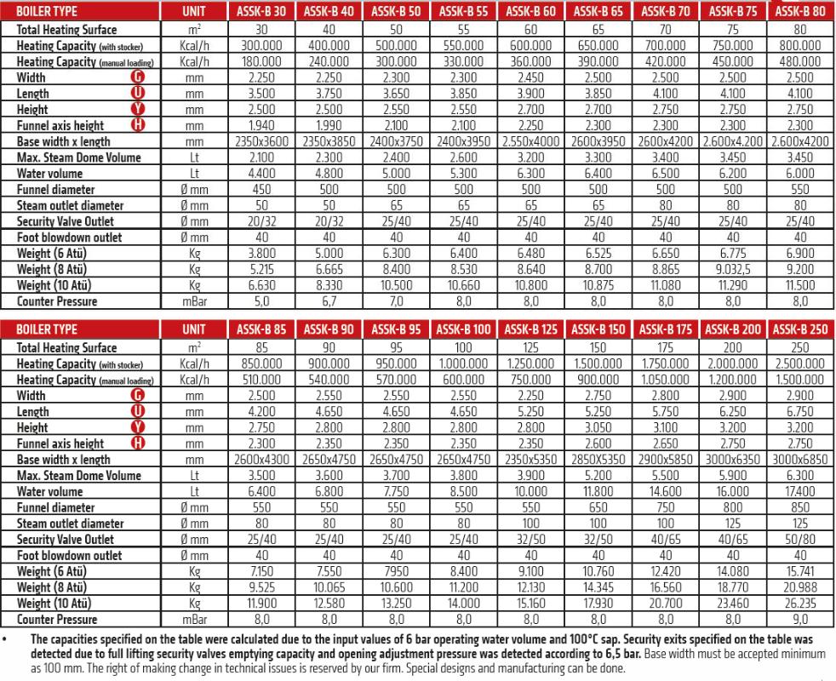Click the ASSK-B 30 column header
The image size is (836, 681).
tap(262, 13)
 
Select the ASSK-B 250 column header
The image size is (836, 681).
tap(801, 330)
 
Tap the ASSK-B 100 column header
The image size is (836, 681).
tap(464, 330)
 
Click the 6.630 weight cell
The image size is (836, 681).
tap(262, 286)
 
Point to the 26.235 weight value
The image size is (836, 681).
tap(801, 604)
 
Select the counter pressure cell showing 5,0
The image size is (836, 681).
tap(262, 301)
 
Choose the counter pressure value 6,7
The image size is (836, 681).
tap(329, 301)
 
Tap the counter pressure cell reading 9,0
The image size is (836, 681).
tap(801, 620)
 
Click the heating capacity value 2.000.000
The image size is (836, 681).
tap(734, 363)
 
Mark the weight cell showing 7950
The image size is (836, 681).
tap(397, 572)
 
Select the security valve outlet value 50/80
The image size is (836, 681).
tap(801, 540)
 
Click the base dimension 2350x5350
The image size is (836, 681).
tap(531, 460)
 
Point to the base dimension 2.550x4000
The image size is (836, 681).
tap(531, 142)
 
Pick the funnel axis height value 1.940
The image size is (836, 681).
tap(262, 126)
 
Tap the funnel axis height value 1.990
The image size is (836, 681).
tap(329, 126)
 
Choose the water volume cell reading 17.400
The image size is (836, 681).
tap(801, 492)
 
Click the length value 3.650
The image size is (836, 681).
tap(397, 94)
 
